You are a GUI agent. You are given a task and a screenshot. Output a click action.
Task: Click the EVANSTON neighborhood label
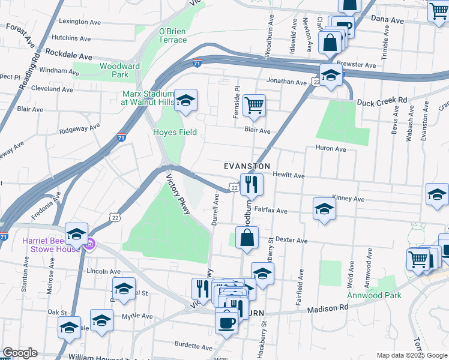coord(247,166)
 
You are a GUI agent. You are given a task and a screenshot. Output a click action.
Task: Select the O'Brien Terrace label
coord(172,35)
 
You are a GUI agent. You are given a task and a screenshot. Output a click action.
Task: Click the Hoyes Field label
coord(175,132)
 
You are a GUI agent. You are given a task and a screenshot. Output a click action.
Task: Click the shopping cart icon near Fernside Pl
coord(255,106)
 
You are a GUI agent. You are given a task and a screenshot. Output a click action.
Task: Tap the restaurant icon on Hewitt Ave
coord(251,185)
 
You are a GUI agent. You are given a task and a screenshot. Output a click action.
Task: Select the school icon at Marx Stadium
coord(186,100)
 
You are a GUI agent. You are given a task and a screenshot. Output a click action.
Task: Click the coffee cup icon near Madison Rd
coord(226,322)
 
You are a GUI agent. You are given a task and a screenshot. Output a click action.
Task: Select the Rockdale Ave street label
coord(68,55)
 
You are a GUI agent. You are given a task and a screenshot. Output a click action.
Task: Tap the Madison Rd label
coord(328,308)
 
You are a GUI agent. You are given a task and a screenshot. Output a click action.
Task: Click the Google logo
coord(20,353)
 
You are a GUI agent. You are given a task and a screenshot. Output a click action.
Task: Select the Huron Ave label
coord(331,148)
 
